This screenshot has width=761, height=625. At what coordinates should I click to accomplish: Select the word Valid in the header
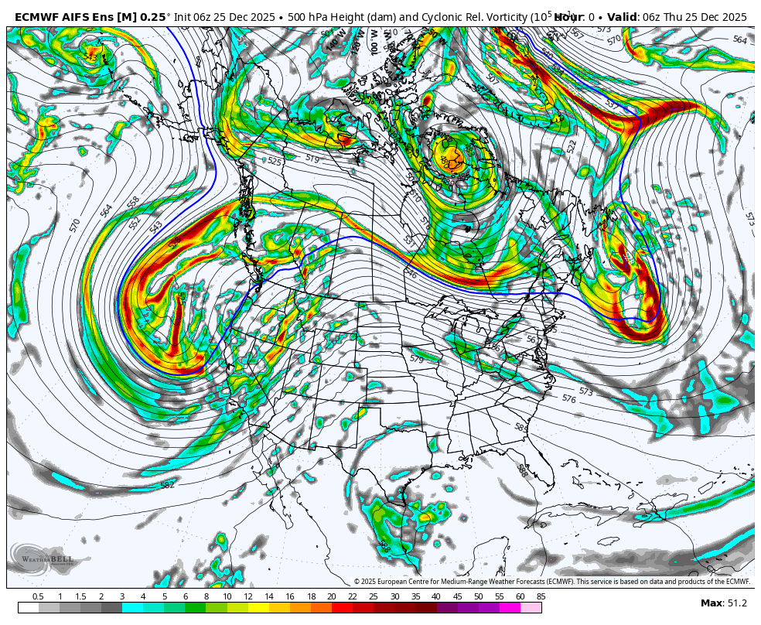click(621, 16)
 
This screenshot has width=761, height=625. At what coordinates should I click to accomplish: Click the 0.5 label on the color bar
click(38, 596)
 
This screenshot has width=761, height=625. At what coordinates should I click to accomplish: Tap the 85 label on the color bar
click(541, 596)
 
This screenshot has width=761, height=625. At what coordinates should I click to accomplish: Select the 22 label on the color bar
click(352, 596)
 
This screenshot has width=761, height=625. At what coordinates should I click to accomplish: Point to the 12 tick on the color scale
click(247, 596)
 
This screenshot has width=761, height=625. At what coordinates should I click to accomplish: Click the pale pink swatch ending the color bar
click(531, 607)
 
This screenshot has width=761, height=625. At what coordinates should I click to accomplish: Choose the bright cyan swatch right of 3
click(132, 607)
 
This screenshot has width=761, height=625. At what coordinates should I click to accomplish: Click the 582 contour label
click(167, 485)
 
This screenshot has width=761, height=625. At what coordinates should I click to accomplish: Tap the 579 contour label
click(416, 359)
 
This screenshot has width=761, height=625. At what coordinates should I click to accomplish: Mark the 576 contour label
click(568, 399)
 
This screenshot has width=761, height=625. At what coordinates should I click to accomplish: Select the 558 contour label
click(133, 202)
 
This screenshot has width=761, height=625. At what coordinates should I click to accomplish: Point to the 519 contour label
click(312, 158)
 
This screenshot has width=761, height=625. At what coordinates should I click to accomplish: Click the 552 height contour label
click(136, 222)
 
